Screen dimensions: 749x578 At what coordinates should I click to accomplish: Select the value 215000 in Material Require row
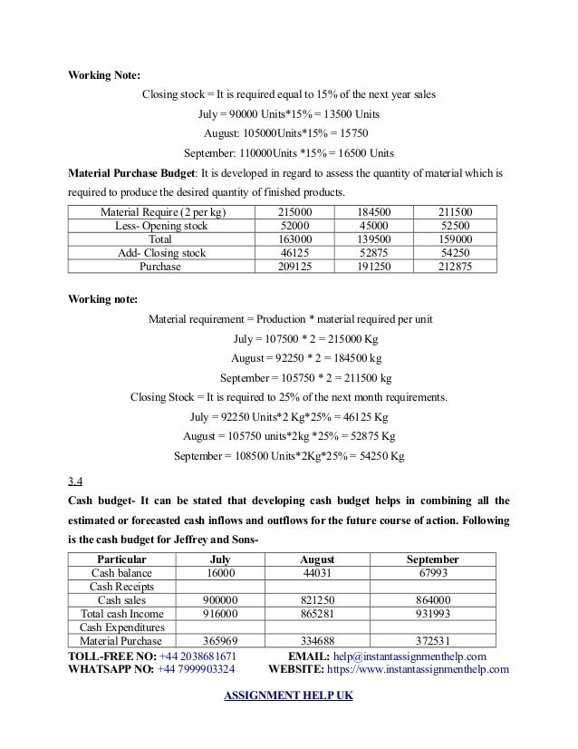click(x=299, y=211)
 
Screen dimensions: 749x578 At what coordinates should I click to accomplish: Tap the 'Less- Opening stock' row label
click(x=161, y=225)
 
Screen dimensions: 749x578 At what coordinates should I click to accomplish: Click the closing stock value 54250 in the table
click(x=460, y=253)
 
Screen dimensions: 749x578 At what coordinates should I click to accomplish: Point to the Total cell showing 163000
click(x=299, y=239)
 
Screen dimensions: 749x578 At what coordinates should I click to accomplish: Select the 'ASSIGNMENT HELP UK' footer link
click(x=288, y=696)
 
